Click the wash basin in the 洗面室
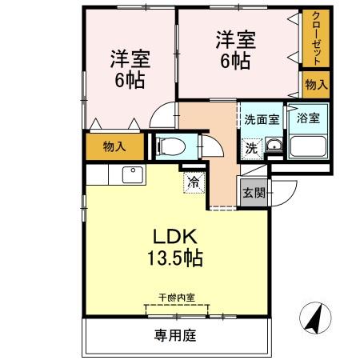click(274, 146)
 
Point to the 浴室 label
click(307, 118)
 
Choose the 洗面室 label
click(262, 119)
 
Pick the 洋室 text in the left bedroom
click(128, 58)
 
